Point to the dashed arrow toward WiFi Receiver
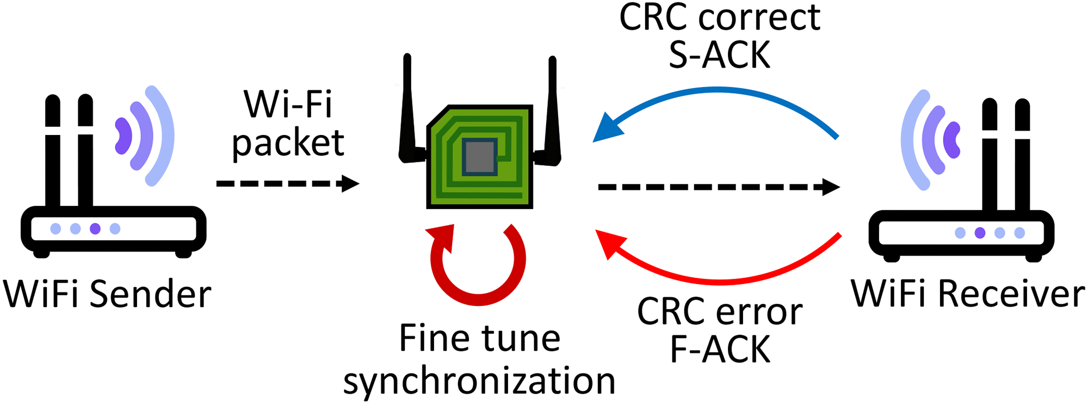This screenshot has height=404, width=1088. click(718, 187)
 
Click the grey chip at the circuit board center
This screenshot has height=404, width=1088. click(479, 157)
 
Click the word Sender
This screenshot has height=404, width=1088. click(150, 295)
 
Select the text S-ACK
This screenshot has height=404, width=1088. click(719, 55)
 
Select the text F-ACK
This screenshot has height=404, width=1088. click(719, 349)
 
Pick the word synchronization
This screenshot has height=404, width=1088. click(479, 381)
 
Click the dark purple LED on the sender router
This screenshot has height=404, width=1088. click(95, 229)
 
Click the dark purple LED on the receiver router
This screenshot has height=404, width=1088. click(980, 233)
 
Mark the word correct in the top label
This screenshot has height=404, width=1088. click(759, 17)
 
